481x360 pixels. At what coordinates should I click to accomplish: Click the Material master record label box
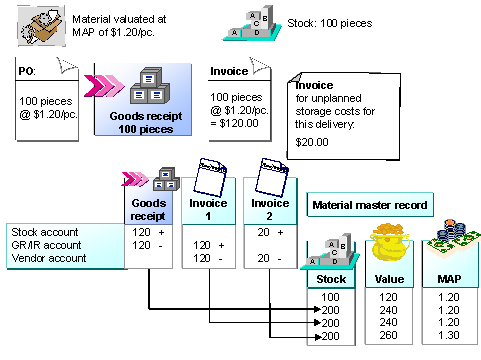click(x=370, y=206)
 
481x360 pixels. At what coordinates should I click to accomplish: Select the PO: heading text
click(x=31, y=72)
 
